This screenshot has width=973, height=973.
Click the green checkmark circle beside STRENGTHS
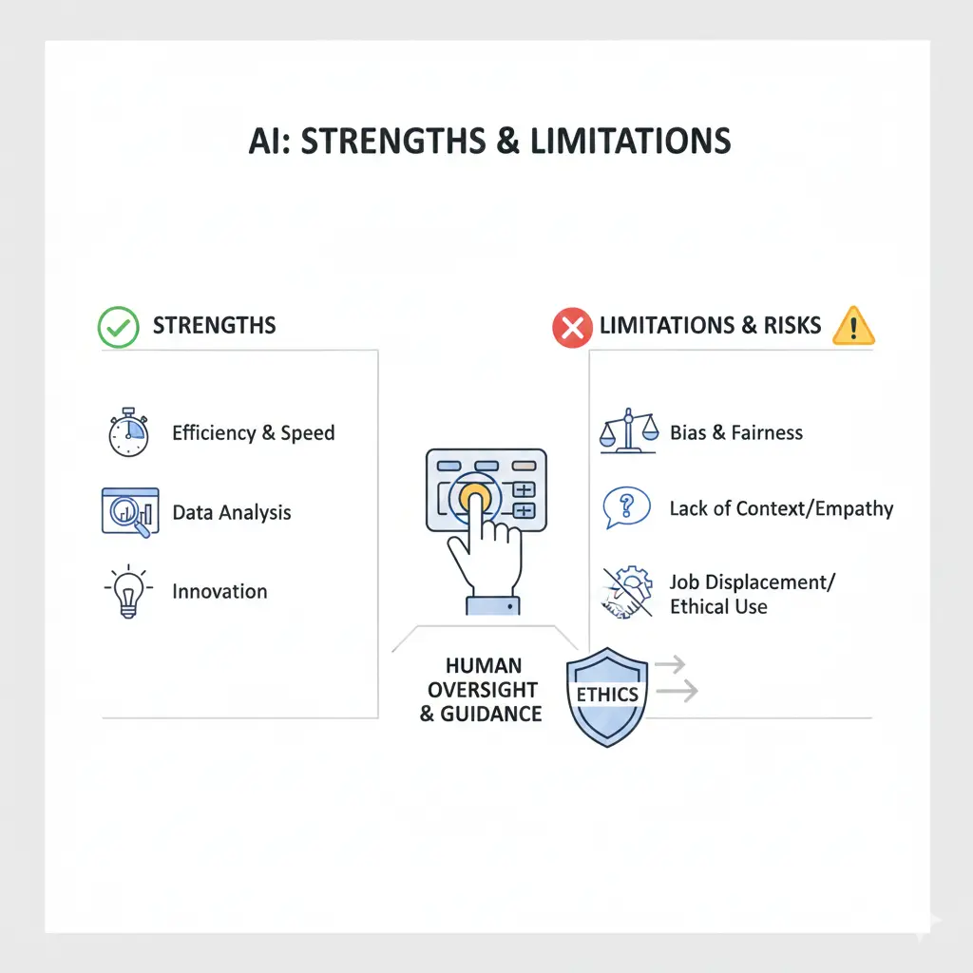pos(118,327)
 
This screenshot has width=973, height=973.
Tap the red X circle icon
pos(572,327)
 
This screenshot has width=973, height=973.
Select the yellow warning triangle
pos(854,326)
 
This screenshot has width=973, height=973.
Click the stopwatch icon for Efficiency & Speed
pos(128,432)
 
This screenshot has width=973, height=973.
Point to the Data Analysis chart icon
pos(130,512)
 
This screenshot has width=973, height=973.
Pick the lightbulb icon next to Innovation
pos(128,591)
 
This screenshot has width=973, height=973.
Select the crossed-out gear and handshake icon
pos(627,592)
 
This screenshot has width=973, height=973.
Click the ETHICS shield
pos(607,696)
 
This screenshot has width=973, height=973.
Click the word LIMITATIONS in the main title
pos(631,141)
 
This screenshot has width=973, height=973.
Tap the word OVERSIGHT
pos(483,690)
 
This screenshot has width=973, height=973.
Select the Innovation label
pos(219,591)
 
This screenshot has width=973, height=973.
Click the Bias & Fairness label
pos(736,432)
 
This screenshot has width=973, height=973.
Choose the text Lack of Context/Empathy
pos(781,509)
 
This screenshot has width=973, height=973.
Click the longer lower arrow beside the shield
pos(677,690)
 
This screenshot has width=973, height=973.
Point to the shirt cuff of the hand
pos(493,605)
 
